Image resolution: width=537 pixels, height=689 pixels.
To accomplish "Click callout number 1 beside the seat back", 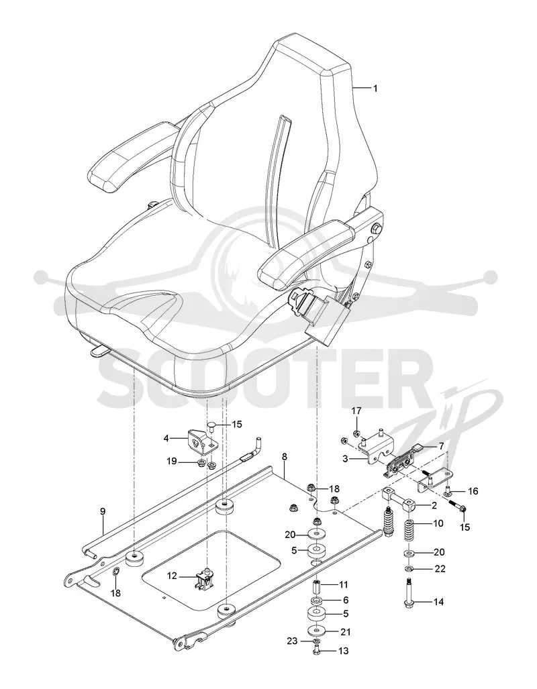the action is coord(375,89).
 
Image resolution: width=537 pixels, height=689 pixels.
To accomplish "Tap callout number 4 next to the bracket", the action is coord(166,437).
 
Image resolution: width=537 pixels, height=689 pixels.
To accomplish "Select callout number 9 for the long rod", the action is coord(103,511).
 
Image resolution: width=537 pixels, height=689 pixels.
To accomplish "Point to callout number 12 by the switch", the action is coord(172,575).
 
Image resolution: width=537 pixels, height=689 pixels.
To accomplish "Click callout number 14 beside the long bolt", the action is coord(438,602).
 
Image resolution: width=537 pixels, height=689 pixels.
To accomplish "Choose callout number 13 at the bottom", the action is coord(344,650).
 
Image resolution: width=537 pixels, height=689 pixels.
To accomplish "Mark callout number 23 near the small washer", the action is coord(293,641).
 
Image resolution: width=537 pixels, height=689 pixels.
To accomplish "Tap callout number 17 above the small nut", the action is coord(356,411).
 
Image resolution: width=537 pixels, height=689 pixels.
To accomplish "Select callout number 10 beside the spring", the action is coord(438,523).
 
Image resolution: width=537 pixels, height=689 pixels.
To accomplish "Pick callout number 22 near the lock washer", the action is coord(440,569).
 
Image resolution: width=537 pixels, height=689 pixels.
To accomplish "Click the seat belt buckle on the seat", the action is coord(321,313).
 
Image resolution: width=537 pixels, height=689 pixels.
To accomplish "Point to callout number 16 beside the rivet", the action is coord(473,491).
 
